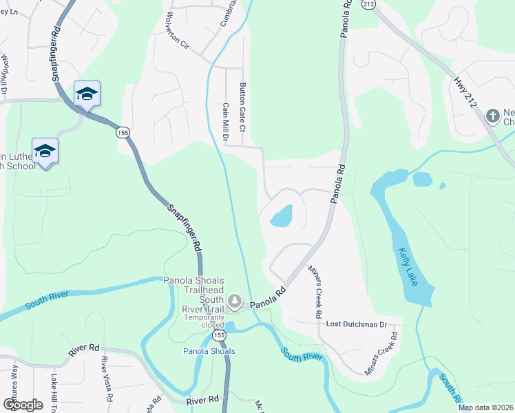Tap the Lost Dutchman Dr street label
[x=353, y=324]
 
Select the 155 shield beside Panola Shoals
[x=219, y=335]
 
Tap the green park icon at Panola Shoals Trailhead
[x=235, y=301]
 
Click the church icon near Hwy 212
[x=492, y=116]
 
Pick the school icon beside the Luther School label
[x=45, y=151]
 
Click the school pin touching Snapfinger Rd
[x=87, y=94]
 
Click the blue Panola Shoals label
[x=209, y=351]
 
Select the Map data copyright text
[x=485, y=407]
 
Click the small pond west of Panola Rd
[x=282, y=216]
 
